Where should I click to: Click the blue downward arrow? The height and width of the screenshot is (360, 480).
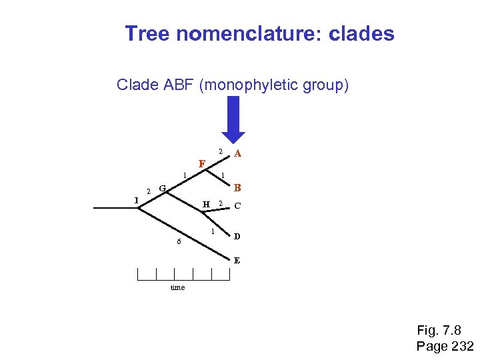point(233,118)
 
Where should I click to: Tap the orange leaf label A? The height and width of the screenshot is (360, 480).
point(237,153)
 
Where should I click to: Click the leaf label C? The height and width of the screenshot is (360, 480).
point(237,206)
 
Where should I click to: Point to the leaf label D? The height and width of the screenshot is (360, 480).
point(237,237)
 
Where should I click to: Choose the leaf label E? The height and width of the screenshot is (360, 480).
point(237,261)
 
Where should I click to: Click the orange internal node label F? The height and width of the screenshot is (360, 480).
point(201,163)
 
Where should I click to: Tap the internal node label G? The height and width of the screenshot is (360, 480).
point(162,188)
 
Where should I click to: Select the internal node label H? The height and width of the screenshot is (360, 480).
point(206,204)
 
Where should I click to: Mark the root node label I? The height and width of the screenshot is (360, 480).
point(135,200)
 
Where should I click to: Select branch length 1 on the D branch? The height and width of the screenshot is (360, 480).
point(212,231)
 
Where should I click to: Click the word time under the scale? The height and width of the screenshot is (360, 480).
point(177,287)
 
